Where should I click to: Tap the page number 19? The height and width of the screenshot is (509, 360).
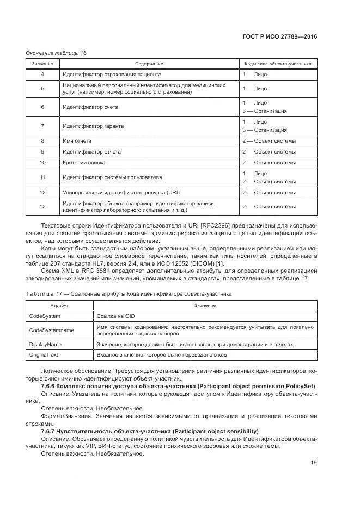(x=314, y=463)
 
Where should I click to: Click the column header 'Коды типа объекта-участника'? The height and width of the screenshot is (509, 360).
(x=278, y=64)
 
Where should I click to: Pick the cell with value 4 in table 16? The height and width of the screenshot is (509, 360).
(x=42, y=74)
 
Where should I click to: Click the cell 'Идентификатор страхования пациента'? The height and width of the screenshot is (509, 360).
(x=112, y=74)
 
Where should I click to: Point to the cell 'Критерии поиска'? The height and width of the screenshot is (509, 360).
(x=84, y=162)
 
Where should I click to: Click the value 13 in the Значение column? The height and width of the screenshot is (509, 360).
(x=42, y=206)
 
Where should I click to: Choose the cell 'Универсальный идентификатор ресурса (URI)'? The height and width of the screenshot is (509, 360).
(x=121, y=192)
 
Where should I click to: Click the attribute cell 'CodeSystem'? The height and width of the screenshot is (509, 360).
(x=45, y=316)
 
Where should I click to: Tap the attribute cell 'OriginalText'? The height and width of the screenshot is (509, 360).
(x=45, y=355)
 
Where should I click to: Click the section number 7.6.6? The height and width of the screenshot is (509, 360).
(x=51, y=386)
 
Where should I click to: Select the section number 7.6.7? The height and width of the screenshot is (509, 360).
(x=51, y=431)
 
